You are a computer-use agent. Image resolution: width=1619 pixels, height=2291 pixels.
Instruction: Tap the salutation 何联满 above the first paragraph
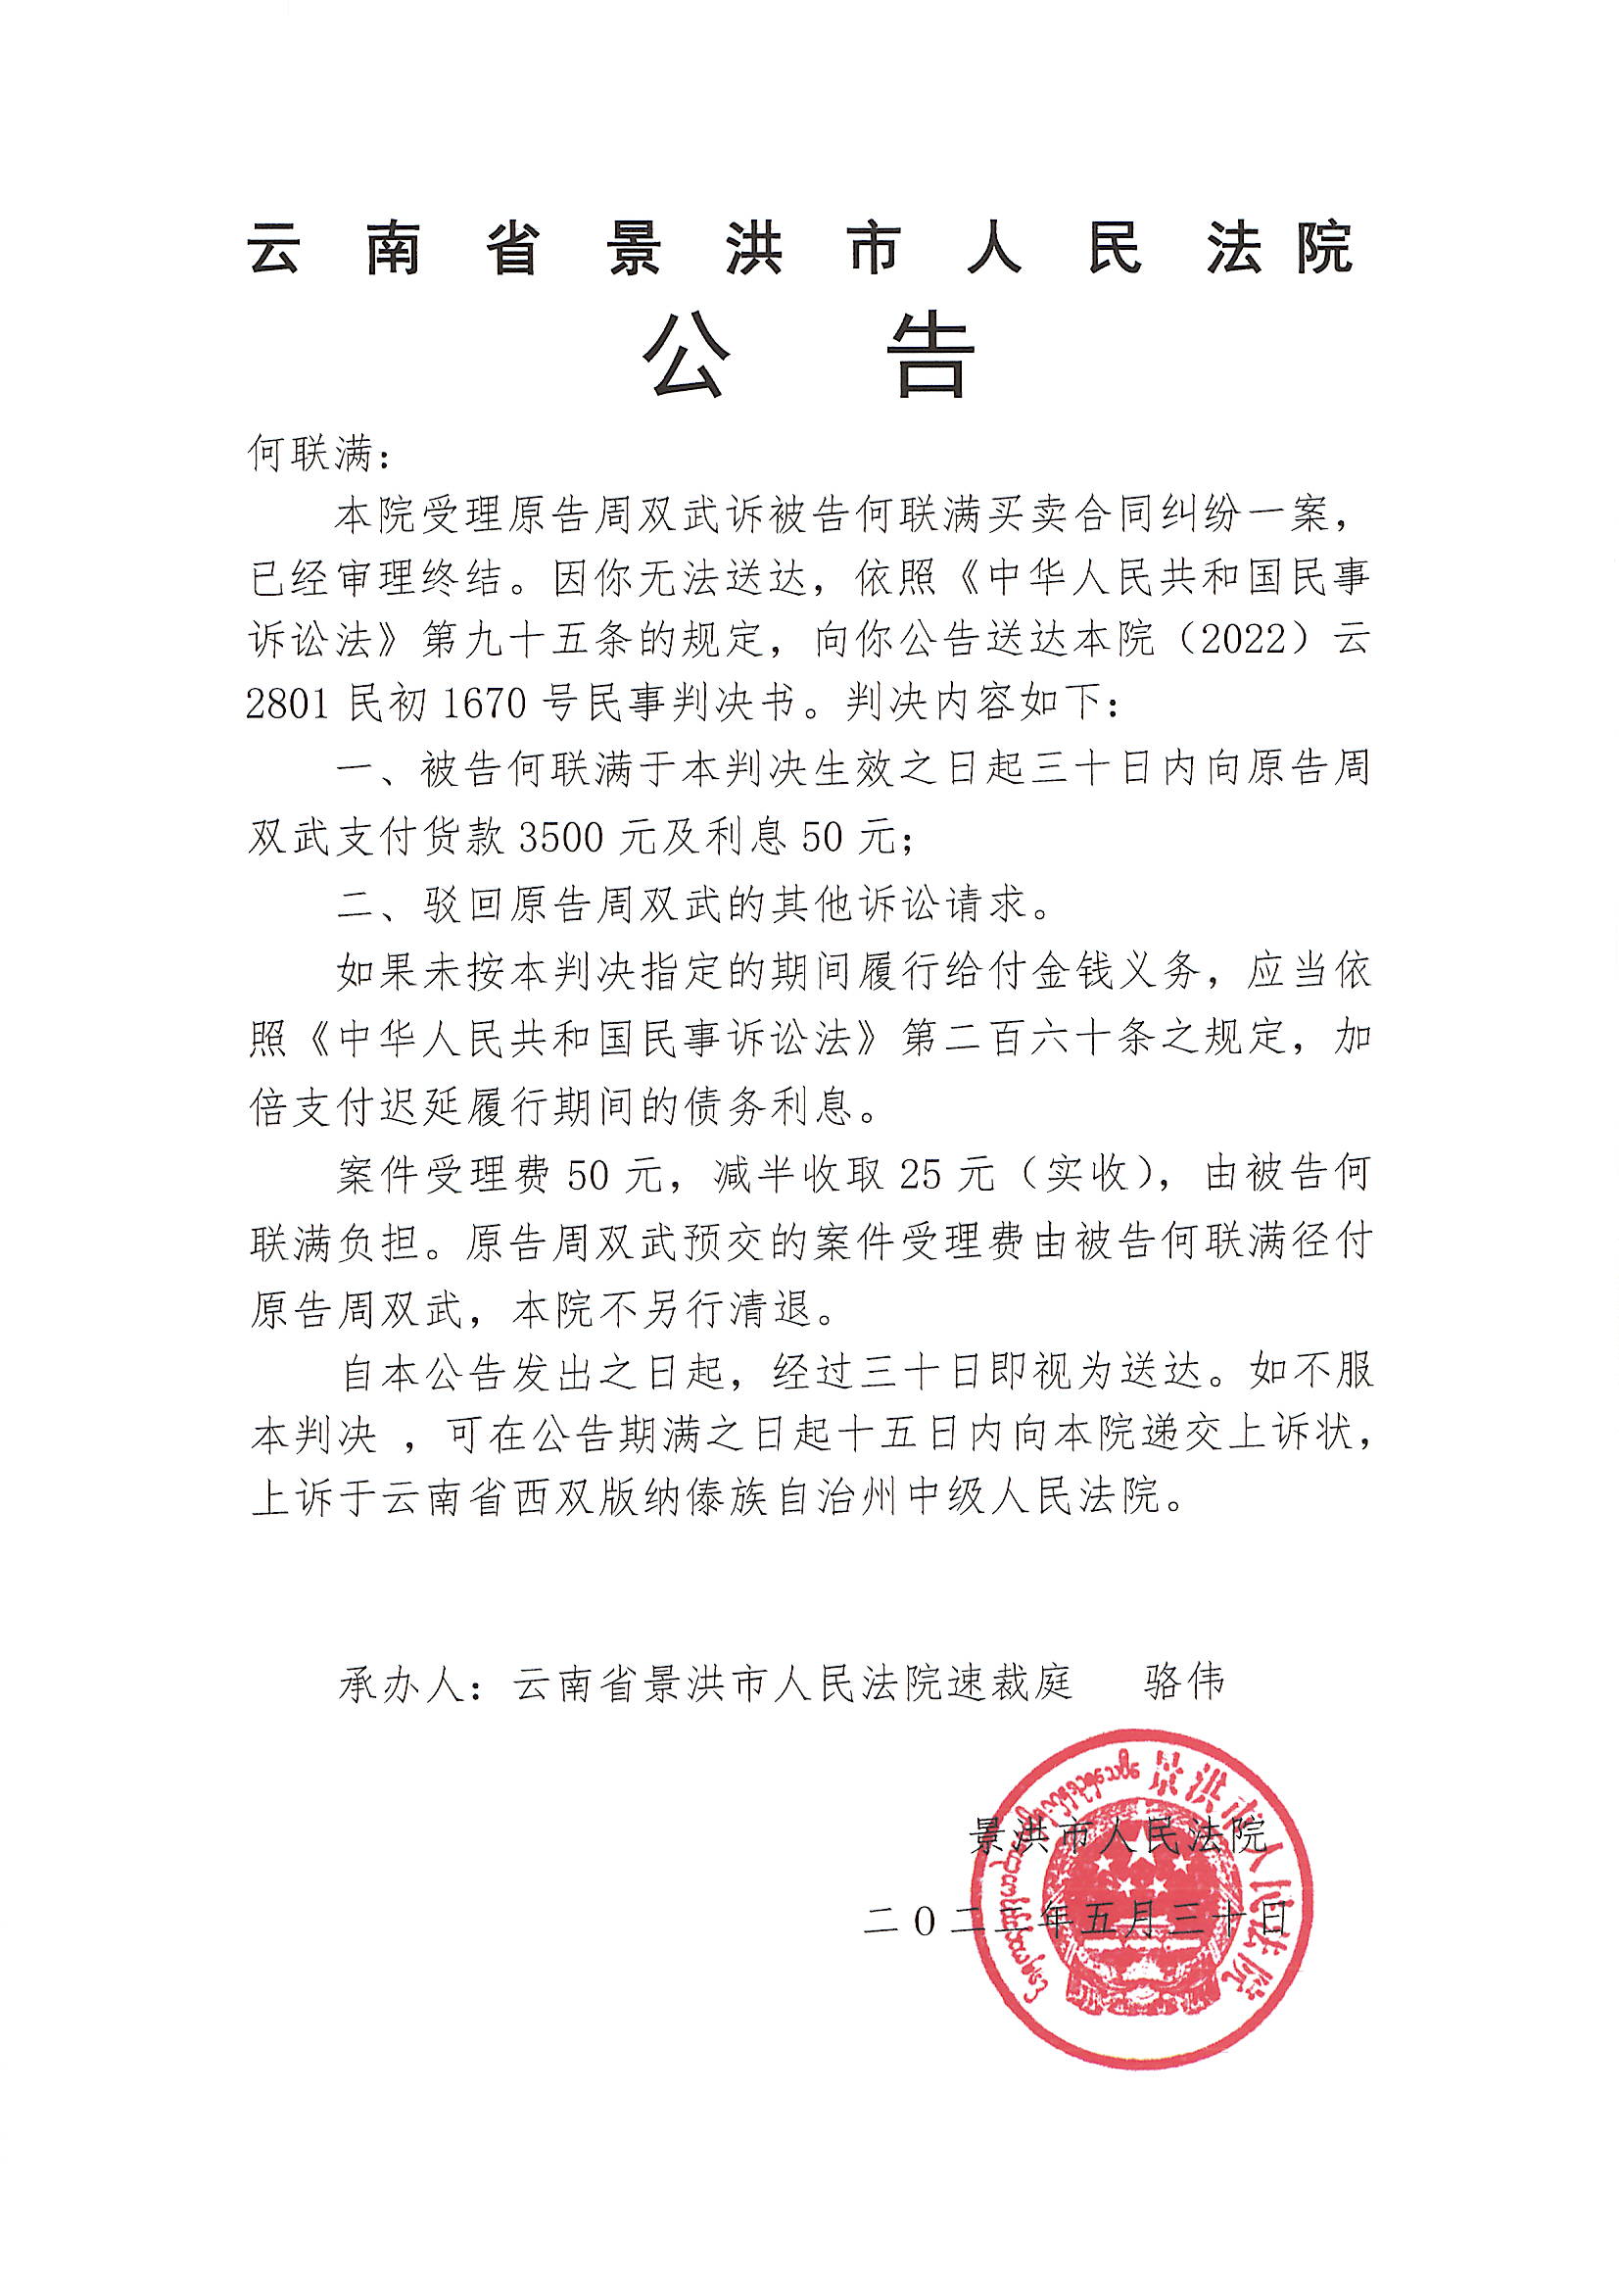click(310, 454)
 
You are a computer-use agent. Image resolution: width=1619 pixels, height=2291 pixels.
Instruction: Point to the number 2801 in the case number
click(289, 705)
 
